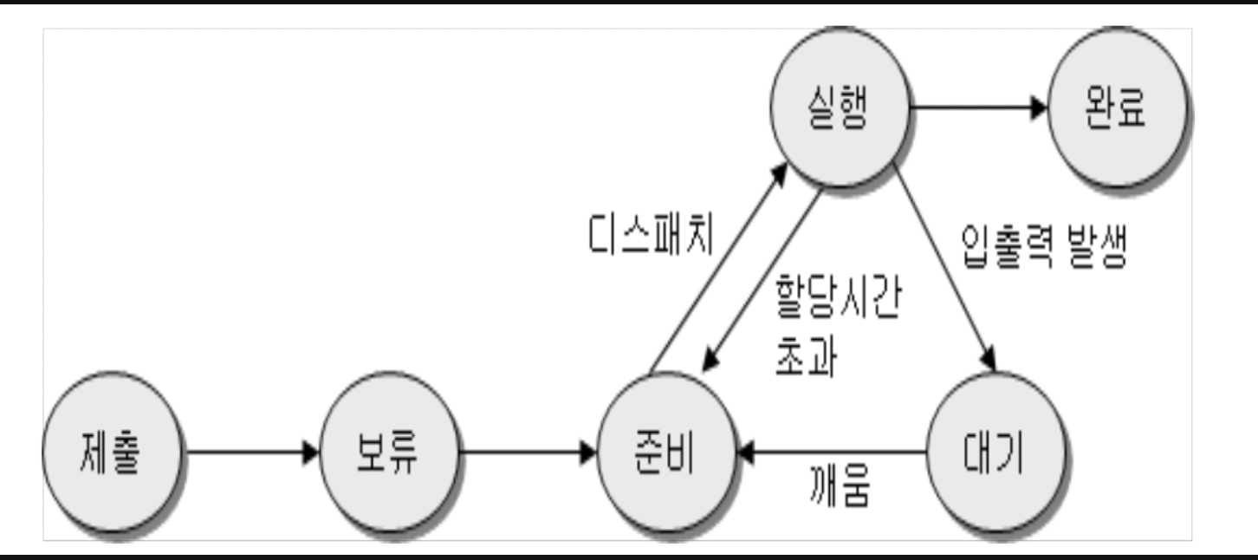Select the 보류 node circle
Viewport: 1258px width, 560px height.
pyautogui.click(x=389, y=452)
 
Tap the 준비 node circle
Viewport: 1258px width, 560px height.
pyautogui.click(x=666, y=452)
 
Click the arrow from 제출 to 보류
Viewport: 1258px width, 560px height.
pyautogui.click(x=251, y=452)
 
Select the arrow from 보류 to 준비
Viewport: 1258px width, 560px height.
pyautogui.click(x=528, y=452)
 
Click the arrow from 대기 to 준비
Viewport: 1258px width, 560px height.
pyautogui.click(x=832, y=452)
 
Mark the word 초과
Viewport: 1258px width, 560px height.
pyautogui.click(x=806, y=356)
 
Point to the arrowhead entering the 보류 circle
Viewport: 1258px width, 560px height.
pyautogui.click(x=311, y=452)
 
